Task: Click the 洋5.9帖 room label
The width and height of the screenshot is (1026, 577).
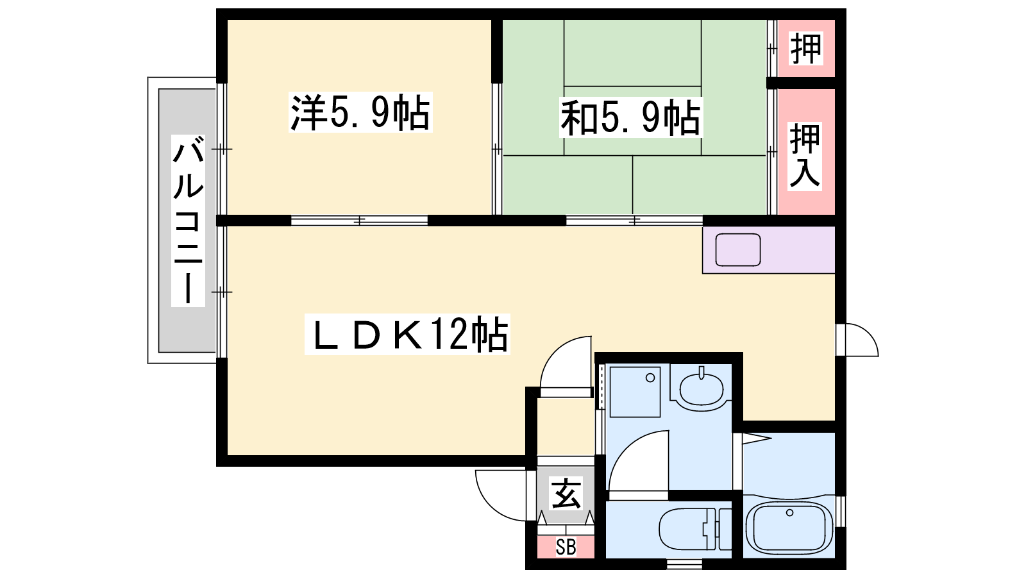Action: [x=360, y=112]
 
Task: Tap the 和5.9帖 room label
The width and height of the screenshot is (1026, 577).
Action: [x=631, y=117]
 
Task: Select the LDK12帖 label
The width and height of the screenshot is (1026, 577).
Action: [x=407, y=334]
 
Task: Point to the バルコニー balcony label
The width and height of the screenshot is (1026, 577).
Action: [x=188, y=221]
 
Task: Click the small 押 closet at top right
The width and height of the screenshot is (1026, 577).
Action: [x=806, y=48]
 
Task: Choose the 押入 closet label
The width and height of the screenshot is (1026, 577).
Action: [x=805, y=156]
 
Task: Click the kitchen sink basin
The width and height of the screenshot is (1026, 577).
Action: [x=738, y=249]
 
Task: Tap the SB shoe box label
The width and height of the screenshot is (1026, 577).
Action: [x=566, y=548]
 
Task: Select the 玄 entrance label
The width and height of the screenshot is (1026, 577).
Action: [x=566, y=494]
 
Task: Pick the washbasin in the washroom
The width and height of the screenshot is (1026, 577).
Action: [x=702, y=389]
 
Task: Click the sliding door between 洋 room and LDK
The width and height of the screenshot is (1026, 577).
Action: [x=360, y=221]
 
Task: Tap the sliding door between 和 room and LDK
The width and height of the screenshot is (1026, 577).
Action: [x=634, y=221]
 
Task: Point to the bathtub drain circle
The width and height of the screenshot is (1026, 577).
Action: [x=789, y=512]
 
